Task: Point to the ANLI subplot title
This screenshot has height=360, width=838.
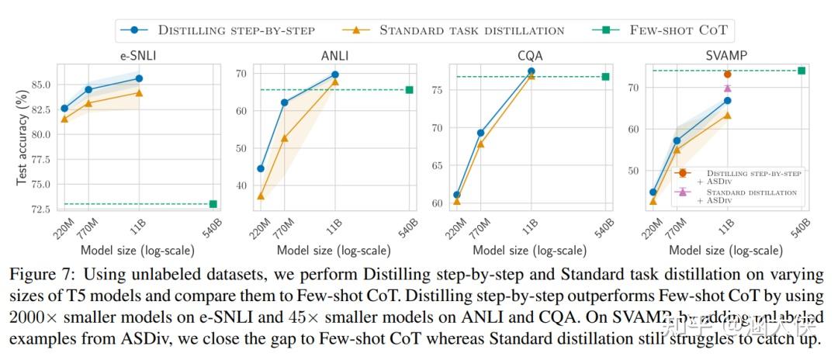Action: click(334, 55)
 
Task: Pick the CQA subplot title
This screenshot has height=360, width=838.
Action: click(530, 55)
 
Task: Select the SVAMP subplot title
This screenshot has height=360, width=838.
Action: click(726, 55)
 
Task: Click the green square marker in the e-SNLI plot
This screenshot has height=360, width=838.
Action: click(213, 204)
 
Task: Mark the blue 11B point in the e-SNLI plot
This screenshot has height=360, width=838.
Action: click(139, 78)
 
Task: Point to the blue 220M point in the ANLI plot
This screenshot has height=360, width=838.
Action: click(261, 168)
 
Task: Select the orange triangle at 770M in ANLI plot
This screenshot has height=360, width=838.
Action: click(285, 138)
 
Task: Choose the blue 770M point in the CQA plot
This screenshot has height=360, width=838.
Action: click(481, 133)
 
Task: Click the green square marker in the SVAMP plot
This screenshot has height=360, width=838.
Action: click(802, 71)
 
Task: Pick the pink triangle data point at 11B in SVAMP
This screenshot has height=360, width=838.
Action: click(727, 88)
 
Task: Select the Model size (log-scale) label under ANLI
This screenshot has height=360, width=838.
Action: click(334, 251)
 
